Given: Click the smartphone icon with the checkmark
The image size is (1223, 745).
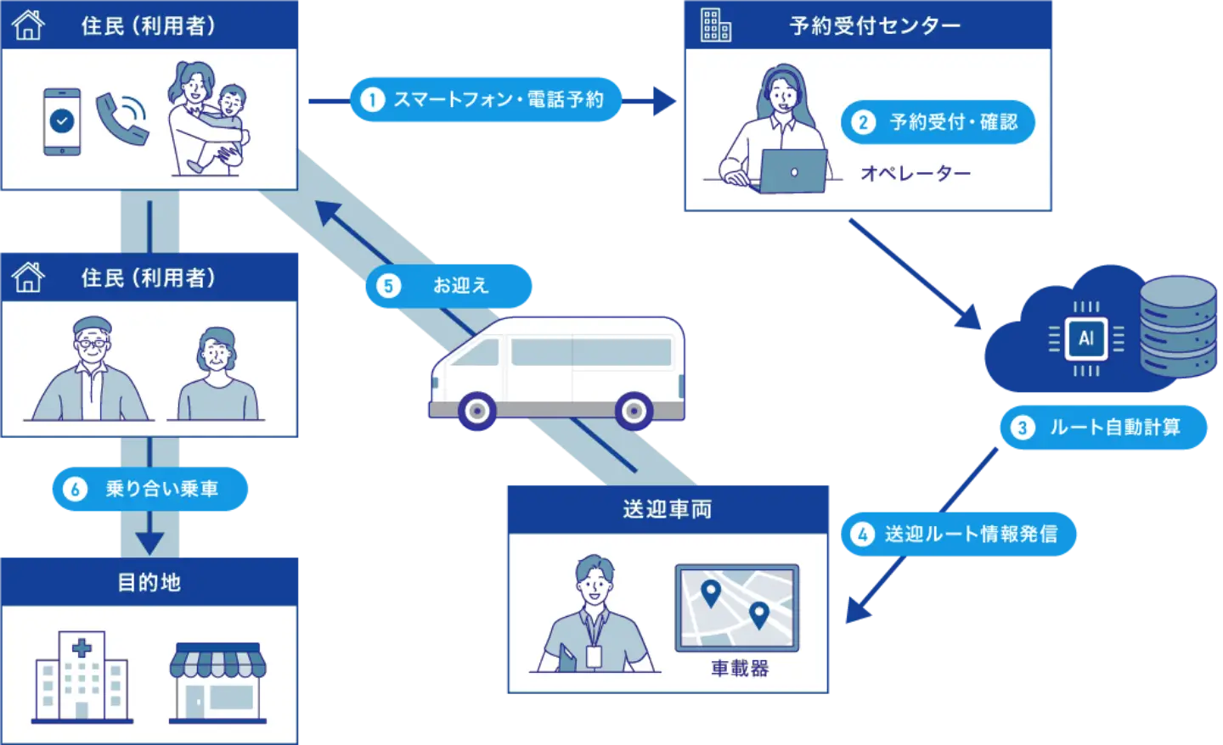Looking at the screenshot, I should tap(62, 122).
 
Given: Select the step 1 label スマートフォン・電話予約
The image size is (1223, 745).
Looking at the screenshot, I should tap(486, 100).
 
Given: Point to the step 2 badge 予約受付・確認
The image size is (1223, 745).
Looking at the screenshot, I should tap(938, 122).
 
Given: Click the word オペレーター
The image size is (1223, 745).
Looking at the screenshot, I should tap(915, 174).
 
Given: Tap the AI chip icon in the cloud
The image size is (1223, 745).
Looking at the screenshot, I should tap(1086, 339).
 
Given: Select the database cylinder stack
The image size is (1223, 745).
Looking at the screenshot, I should tap(1177, 327).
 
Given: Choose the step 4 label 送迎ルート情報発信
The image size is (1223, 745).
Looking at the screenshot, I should tap(959, 534).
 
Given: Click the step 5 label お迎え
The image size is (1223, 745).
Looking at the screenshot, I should tap(449, 286).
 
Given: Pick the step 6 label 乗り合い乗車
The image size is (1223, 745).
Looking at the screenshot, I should tap(149, 489).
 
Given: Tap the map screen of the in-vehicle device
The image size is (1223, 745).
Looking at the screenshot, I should tap(736, 608).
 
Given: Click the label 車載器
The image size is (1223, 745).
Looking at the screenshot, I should tap(739, 669).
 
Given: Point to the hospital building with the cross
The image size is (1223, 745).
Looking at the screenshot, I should tap(82, 676).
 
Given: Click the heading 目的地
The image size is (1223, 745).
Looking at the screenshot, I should tap(149, 582).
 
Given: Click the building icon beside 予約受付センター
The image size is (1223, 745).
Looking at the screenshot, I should tap(716, 25).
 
